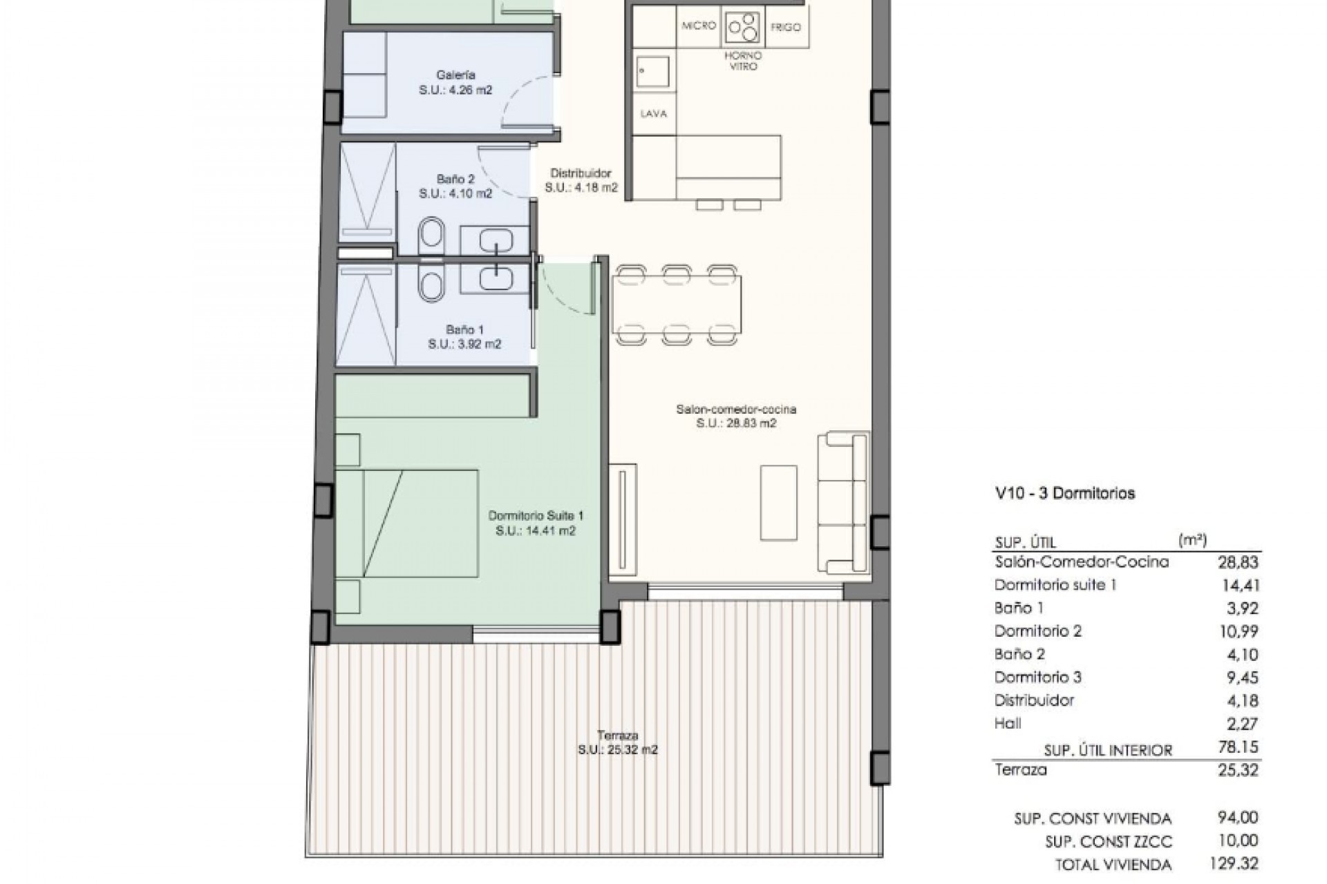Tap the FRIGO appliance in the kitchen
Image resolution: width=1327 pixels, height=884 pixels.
click(785, 28)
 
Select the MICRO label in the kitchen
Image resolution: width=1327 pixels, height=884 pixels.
click(698, 26)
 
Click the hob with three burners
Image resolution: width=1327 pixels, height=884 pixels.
click(742, 27)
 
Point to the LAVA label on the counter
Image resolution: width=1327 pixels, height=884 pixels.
click(653, 114)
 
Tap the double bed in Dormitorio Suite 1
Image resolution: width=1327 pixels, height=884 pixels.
click(408, 523)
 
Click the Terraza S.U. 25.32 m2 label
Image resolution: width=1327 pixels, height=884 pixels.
click(617, 742)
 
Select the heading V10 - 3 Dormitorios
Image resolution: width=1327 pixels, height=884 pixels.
click(1064, 494)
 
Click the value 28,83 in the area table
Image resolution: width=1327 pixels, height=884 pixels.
click(1238, 563)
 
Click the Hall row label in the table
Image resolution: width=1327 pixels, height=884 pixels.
click(1008, 723)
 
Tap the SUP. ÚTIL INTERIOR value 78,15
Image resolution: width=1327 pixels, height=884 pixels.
click(1238, 747)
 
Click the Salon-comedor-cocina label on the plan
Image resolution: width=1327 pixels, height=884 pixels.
click(736, 416)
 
